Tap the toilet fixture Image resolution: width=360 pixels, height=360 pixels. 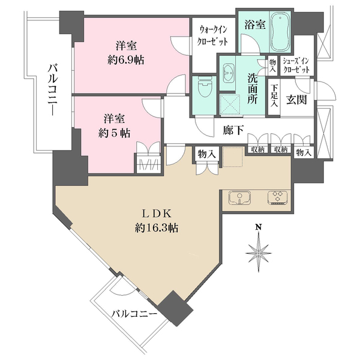click(x=203, y=89)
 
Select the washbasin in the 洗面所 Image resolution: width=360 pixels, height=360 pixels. click(x=228, y=73)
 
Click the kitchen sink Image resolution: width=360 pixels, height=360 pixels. click(x=239, y=198)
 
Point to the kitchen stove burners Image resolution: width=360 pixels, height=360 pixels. click(x=277, y=198)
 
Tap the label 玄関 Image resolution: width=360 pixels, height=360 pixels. click(x=296, y=100)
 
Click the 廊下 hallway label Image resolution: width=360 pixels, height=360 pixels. click(x=233, y=130)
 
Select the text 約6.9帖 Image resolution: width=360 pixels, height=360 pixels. click(x=126, y=61)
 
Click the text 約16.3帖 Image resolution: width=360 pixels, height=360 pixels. click(x=157, y=228)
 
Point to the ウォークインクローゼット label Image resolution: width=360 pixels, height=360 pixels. click(x=214, y=36)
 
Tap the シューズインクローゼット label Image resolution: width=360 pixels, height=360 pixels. click(x=296, y=65)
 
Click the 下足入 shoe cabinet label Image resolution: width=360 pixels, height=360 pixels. click(x=274, y=95)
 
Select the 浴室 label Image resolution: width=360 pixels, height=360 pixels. click(x=255, y=25)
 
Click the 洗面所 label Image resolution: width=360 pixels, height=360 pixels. click(x=253, y=89)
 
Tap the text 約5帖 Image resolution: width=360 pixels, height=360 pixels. click(x=115, y=133)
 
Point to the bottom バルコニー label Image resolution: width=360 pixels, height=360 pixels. click(x=134, y=313)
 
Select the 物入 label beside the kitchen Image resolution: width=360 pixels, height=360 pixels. click(x=207, y=155)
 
